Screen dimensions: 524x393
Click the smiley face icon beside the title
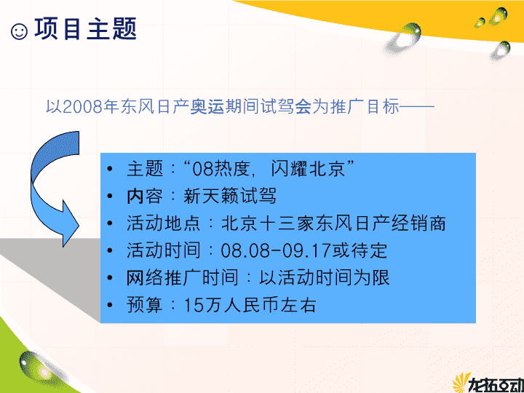pyautogui.click(x=20, y=32)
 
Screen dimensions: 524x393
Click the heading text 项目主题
pyautogui.click(x=86, y=28)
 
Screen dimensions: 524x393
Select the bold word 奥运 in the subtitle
pyautogui.click(x=207, y=107)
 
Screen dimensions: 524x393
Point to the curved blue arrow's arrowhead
pyautogui.click(x=68, y=224)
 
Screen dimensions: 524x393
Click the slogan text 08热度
pyautogui.click(x=221, y=168)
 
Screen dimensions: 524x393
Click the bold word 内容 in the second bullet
pyautogui.click(x=144, y=196)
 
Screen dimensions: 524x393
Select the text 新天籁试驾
pyautogui.click(x=230, y=196)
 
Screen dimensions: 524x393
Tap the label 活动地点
pyautogui.click(x=163, y=223)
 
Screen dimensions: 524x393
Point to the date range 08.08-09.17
pyautogui.click(x=275, y=250)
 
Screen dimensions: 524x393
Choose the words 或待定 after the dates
pyautogui.click(x=360, y=250)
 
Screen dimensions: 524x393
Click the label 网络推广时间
pyautogui.click(x=182, y=278)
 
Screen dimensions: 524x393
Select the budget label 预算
pyautogui.click(x=144, y=306)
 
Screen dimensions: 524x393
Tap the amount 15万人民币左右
pyautogui.click(x=250, y=306)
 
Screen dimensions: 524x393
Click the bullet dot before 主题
pyautogui.click(x=110, y=168)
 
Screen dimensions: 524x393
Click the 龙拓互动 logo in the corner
pyautogui.click(x=488, y=384)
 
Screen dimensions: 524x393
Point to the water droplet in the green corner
pyautogui.click(x=37, y=368)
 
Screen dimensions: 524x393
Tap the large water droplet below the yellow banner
pyautogui.click(x=402, y=37)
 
